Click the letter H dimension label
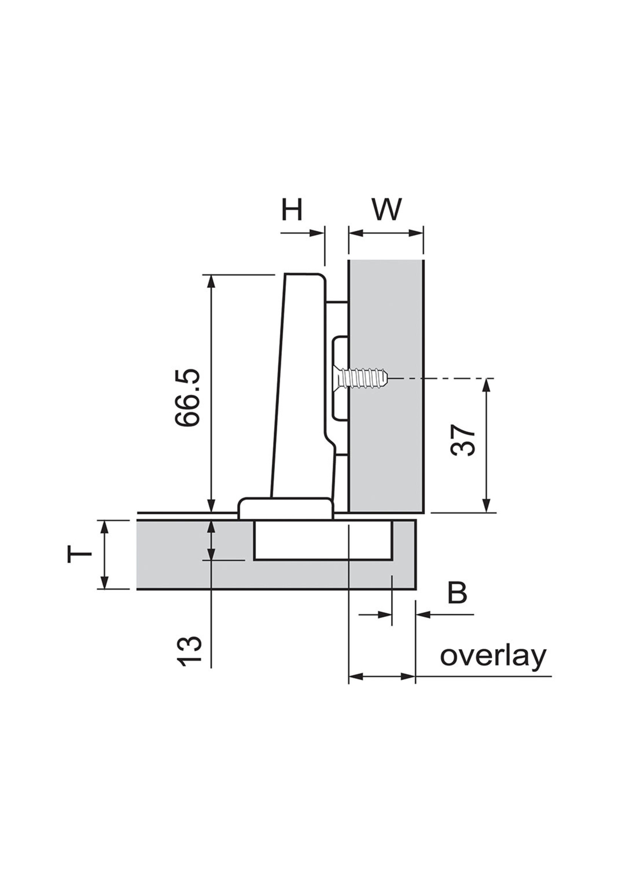point(292,210)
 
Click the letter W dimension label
point(386,210)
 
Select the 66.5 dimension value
point(187,397)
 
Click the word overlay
point(493,656)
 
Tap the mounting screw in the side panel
point(360,379)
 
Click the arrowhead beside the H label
point(316,233)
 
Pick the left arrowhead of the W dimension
point(355,233)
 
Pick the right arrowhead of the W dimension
point(416,233)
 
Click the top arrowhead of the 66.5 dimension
point(211,282)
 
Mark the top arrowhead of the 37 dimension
point(487,385)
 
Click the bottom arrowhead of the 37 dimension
point(487,506)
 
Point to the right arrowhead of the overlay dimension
point(408,676)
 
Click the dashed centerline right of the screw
point(443,379)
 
